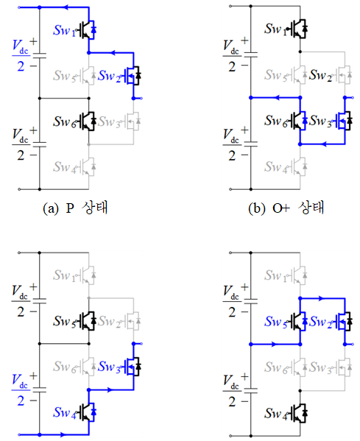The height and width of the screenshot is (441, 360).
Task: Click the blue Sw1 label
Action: click(x=64, y=30)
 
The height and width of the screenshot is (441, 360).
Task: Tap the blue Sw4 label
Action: click(x=64, y=412)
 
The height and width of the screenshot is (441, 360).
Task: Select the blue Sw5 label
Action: click(x=276, y=322)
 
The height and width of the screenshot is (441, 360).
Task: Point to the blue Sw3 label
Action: click(x=109, y=367)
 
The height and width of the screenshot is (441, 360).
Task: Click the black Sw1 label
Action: click(x=276, y=29)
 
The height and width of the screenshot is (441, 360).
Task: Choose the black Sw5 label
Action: click(x=64, y=321)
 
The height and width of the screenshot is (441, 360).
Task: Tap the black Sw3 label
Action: click(x=321, y=121)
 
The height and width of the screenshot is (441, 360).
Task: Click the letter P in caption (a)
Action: click(x=70, y=208)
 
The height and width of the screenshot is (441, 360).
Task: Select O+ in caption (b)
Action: click(x=280, y=208)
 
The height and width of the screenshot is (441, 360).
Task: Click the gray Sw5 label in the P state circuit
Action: click(x=64, y=76)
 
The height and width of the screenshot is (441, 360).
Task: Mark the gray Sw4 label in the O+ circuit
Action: click(x=276, y=167)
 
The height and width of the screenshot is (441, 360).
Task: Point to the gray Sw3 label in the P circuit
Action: click(x=109, y=121)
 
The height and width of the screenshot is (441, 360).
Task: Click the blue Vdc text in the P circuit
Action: click(x=21, y=47)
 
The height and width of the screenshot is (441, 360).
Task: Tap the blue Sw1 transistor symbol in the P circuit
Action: click(x=87, y=29)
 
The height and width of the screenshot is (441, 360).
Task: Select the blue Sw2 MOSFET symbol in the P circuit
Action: click(x=132, y=75)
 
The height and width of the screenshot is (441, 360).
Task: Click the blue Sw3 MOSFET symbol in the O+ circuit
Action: click(x=343, y=121)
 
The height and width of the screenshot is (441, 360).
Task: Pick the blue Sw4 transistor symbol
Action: click(x=87, y=412)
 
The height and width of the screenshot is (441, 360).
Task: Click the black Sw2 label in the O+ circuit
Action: click(x=321, y=75)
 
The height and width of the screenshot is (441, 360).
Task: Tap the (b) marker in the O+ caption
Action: click(x=255, y=208)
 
